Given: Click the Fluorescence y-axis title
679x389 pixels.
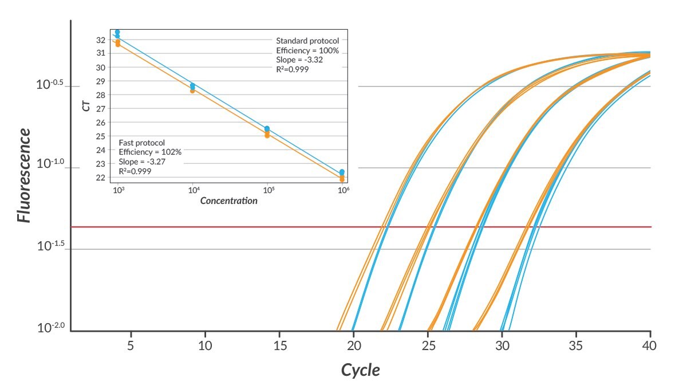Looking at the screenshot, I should pos(23,175).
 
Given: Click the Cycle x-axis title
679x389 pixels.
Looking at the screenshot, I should pos(360,370).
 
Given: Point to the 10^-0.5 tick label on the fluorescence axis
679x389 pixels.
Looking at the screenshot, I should pos(50,85).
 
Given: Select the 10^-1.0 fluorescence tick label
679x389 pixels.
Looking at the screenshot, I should pos(50,164).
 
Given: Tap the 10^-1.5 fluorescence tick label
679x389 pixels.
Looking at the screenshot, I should pos(50,246).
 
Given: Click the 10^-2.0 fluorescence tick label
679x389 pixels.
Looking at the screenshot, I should pos(50,328).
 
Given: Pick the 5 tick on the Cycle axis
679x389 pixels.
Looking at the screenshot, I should pos(131,345).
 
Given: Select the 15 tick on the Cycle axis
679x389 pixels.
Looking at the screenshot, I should pos(279,345).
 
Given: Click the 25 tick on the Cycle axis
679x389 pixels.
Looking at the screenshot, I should pos(428,345).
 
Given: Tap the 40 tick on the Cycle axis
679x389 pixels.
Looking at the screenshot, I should pos(650,345).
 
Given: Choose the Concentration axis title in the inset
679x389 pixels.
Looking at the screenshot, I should pos(228,201).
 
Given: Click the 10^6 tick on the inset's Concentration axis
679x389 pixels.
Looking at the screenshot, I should pos(342,190).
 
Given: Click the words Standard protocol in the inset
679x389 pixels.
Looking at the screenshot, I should pos(307,41).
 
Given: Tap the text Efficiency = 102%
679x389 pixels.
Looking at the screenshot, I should pos(149,152).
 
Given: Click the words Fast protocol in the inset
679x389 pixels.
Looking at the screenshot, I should pos(141,143).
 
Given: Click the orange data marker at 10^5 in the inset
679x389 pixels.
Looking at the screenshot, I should pos(267,135).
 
